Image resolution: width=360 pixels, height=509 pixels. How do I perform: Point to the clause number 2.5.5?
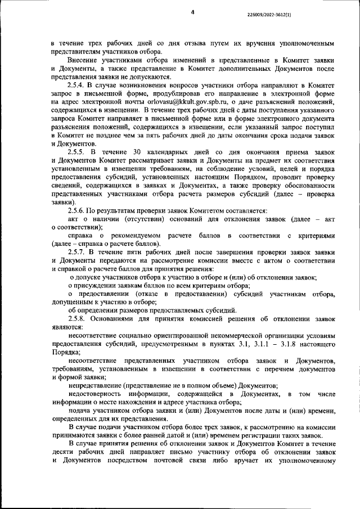tap(78, 152)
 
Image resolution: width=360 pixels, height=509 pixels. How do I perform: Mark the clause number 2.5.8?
tap(78, 319)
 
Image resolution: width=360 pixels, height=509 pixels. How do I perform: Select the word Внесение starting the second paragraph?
tap(84, 59)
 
